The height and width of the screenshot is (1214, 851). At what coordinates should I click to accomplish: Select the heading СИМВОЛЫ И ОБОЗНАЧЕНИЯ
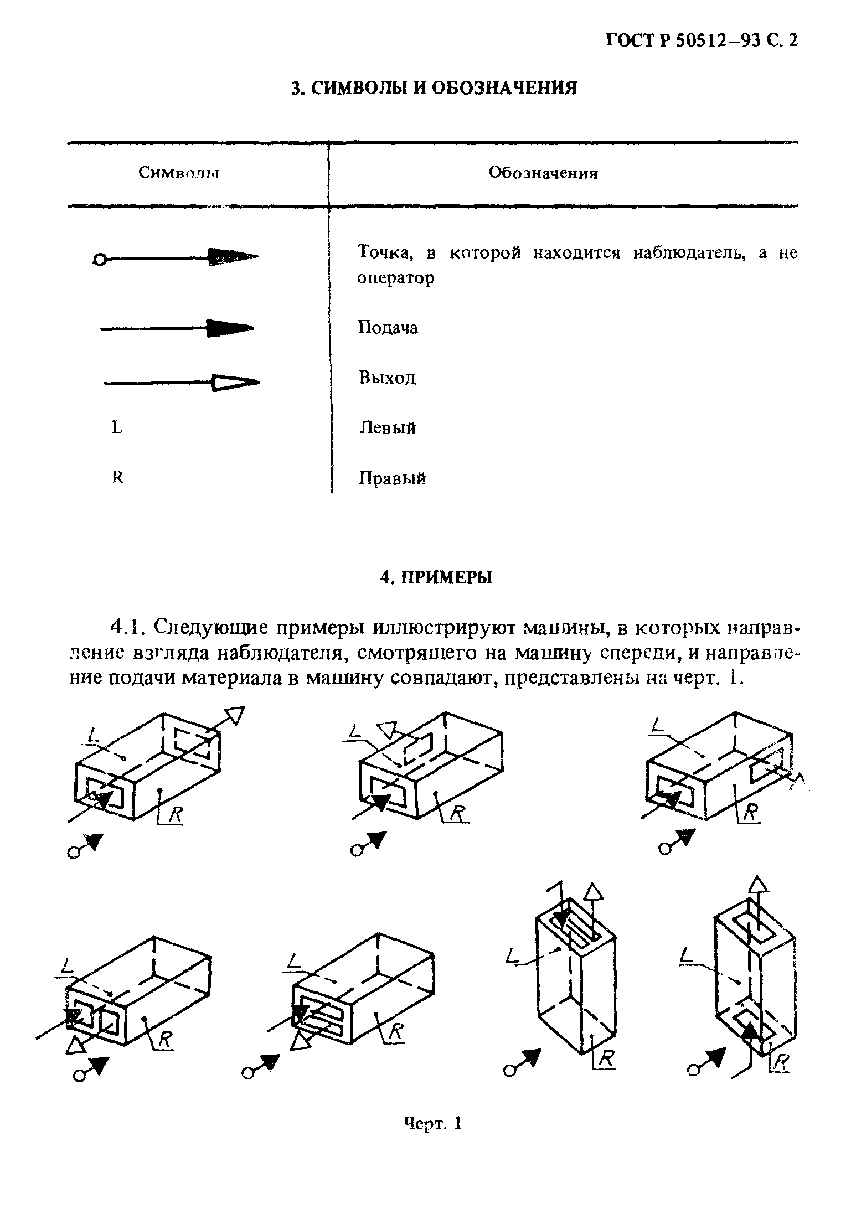pos(434,89)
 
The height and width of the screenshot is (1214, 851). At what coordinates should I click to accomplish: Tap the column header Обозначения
pos(543,173)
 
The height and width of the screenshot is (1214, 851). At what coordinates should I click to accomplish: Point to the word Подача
pos(388,328)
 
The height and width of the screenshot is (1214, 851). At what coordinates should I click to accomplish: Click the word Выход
pos(387,378)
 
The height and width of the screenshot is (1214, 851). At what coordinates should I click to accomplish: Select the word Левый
pos(388,428)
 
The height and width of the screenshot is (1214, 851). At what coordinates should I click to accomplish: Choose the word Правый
pos(392,478)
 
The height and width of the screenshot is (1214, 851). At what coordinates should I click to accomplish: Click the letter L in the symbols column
pos(117,427)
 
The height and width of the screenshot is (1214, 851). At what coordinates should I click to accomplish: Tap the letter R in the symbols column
pos(117,477)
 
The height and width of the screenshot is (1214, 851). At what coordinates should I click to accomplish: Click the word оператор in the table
pos(395,278)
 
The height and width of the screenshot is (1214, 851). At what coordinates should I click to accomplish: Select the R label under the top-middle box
pos(457,812)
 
